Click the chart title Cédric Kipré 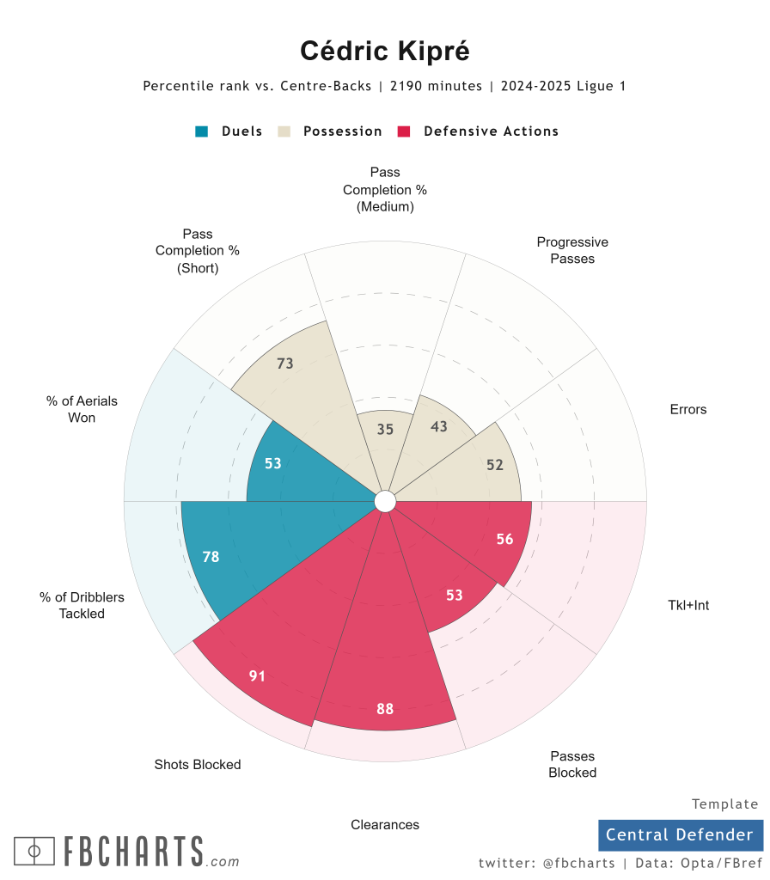(385, 51)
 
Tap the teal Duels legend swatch (202, 131)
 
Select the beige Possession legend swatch (284, 131)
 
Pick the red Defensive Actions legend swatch (404, 131)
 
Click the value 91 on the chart (258, 676)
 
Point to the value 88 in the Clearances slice (385, 709)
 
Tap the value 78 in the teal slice (211, 557)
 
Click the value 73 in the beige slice (285, 364)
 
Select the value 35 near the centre (385, 429)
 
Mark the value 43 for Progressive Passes (438, 425)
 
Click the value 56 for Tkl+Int (504, 539)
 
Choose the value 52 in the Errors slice (495, 465)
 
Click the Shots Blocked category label (198, 764)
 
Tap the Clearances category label (385, 825)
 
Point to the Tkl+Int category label (688, 605)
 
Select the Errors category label (688, 409)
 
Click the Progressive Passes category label (572, 250)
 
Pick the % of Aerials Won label (82, 409)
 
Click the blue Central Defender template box (681, 834)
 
